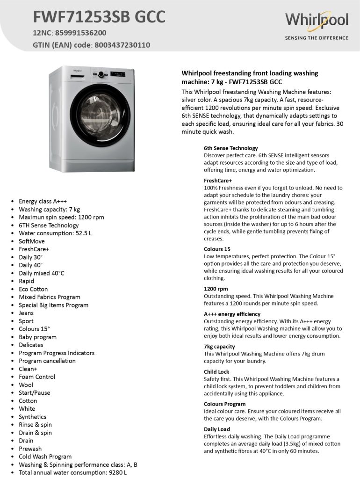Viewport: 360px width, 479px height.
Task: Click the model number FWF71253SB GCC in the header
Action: (x=99, y=17)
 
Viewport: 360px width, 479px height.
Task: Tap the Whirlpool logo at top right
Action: (x=317, y=21)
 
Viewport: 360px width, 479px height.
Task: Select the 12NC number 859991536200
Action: (x=80, y=33)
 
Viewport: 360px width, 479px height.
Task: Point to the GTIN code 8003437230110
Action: (x=122, y=45)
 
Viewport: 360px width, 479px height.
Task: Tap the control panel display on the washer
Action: (x=117, y=74)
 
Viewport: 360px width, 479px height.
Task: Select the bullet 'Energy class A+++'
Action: (x=43, y=202)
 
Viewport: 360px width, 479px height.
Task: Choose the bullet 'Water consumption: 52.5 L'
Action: (x=55, y=233)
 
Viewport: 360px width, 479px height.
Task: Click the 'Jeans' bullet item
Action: (x=26, y=313)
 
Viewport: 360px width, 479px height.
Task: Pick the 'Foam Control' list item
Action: (x=37, y=377)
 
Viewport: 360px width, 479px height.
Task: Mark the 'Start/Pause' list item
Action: (x=34, y=393)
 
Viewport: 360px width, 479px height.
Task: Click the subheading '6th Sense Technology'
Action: (x=230, y=148)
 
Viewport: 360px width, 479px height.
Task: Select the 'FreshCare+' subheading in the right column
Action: (x=218, y=181)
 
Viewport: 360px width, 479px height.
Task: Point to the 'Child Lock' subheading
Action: (x=216, y=372)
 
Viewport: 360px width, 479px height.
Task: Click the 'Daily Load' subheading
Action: (x=217, y=429)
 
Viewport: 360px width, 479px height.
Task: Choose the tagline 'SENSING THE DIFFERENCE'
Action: (x=317, y=38)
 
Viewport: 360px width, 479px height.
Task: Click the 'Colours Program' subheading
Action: (x=224, y=404)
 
